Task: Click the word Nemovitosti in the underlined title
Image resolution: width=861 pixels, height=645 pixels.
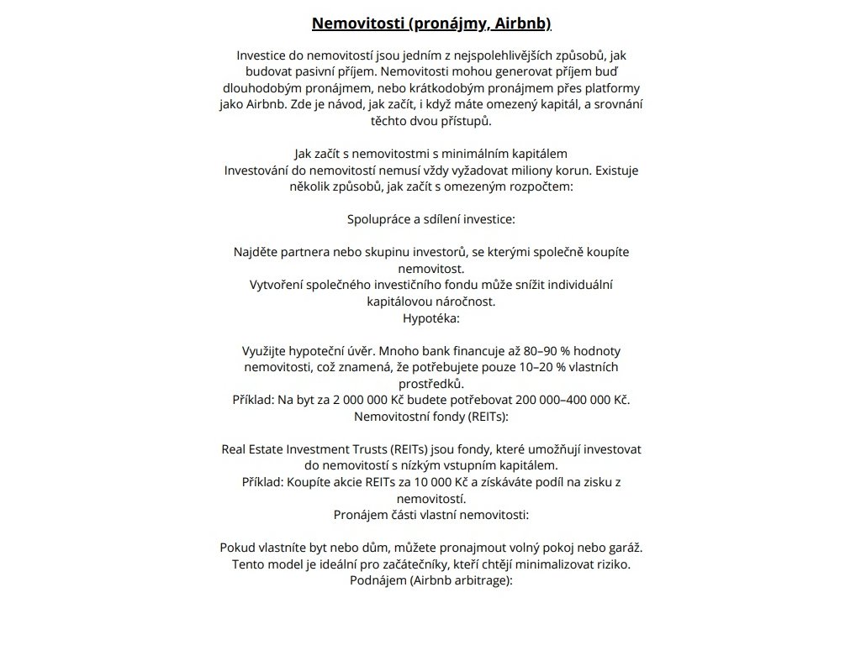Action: click(x=357, y=23)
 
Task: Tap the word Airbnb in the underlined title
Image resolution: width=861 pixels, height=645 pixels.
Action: click(x=522, y=23)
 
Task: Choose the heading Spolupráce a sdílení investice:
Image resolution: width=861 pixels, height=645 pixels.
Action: click(x=430, y=219)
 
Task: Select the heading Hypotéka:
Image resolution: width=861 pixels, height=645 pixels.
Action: click(x=430, y=318)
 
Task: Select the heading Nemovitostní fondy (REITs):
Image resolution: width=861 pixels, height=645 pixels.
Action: click(x=430, y=416)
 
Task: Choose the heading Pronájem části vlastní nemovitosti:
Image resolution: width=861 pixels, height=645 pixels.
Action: click(x=430, y=515)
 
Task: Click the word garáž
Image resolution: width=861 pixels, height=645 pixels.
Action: click(x=623, y=548)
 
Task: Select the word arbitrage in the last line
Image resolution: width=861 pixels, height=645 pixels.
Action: click(x=479, y=580)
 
